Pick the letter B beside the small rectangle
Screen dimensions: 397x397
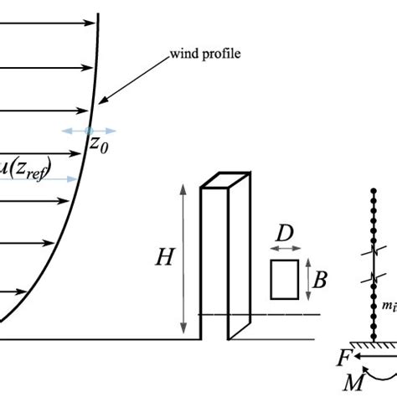[320, 279]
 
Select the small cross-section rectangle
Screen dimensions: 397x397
[284, 279]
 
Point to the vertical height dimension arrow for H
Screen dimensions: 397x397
[183, 259]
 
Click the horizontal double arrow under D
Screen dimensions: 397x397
[284, 250]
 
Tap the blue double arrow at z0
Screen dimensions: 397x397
[90, 131]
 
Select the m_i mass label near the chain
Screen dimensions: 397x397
[389, 307]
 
